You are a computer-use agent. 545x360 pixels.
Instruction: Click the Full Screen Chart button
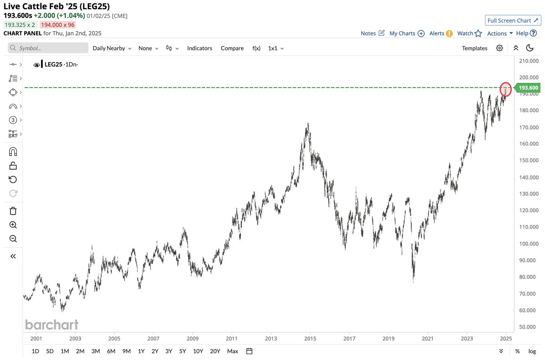pyautogui.click(x=512, y=20)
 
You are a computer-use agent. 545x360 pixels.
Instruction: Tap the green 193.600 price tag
pyautogui.click(x=528, y=88)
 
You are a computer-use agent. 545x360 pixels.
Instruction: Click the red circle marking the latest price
pyautogui.click(x=505, y=89)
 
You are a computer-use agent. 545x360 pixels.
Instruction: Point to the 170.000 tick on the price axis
pyautogui.click(x=529, y=127)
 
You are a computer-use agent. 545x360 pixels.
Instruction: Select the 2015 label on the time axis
pyautogui.click(x=310, y=338)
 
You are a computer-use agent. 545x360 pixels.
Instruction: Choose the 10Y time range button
pyautogui.click(x=198, y=351)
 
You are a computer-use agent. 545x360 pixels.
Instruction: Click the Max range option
pyautogui.click(x=233, y=351)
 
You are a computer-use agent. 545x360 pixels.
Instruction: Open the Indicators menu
pyautogui.click(x=199, y=48)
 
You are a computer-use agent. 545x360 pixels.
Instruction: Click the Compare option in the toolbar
pyautogui.click(x=232, y=48)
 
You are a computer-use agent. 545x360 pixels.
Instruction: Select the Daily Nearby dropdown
pyautogui.click(x=112, y=48)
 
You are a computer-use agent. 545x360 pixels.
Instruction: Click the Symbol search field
pyautogui.click(x=48, y=48)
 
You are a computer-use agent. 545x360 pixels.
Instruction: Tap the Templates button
pyautogui.click(x=475, y=48)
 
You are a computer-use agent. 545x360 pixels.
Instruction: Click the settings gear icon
pyautogui.click(x=500, y=48)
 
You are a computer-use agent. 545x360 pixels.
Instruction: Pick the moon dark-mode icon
pyautogui.click(x=530, y=48)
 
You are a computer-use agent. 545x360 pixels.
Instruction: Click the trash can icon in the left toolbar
pyautogui.click(x=13, y=210)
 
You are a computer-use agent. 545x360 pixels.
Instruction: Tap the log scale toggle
pyautogui.click(x=532, y=351)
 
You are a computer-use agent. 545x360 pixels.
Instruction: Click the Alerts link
pyautogui.click(x=441, y=33)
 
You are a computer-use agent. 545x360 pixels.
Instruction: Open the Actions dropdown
pyautogui.click(x=500, y=33)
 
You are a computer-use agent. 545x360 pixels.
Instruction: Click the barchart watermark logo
pyautogui.click(x=51, y=325)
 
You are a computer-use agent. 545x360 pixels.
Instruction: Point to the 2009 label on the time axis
pyautogui.click(x=193, y=338)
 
